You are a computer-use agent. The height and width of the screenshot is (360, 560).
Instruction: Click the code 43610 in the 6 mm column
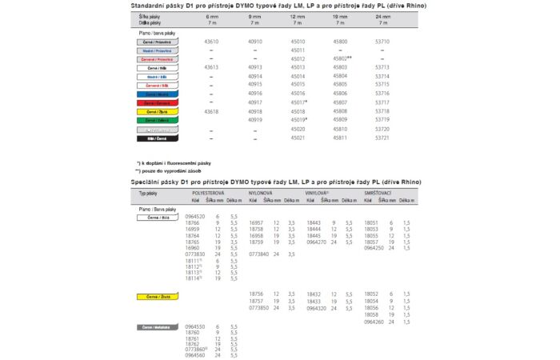point(212,42)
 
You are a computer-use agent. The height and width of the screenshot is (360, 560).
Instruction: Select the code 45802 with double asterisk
point(345,59)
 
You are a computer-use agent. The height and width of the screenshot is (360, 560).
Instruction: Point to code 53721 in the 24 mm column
point(404,138)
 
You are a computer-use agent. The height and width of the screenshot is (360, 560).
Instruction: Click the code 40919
point(255,120)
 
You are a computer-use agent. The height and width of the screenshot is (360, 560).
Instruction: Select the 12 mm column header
point(298,16)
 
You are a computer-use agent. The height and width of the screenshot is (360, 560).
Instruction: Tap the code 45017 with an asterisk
point(300,102)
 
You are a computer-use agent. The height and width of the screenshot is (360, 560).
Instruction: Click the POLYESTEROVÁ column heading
point(210,194)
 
